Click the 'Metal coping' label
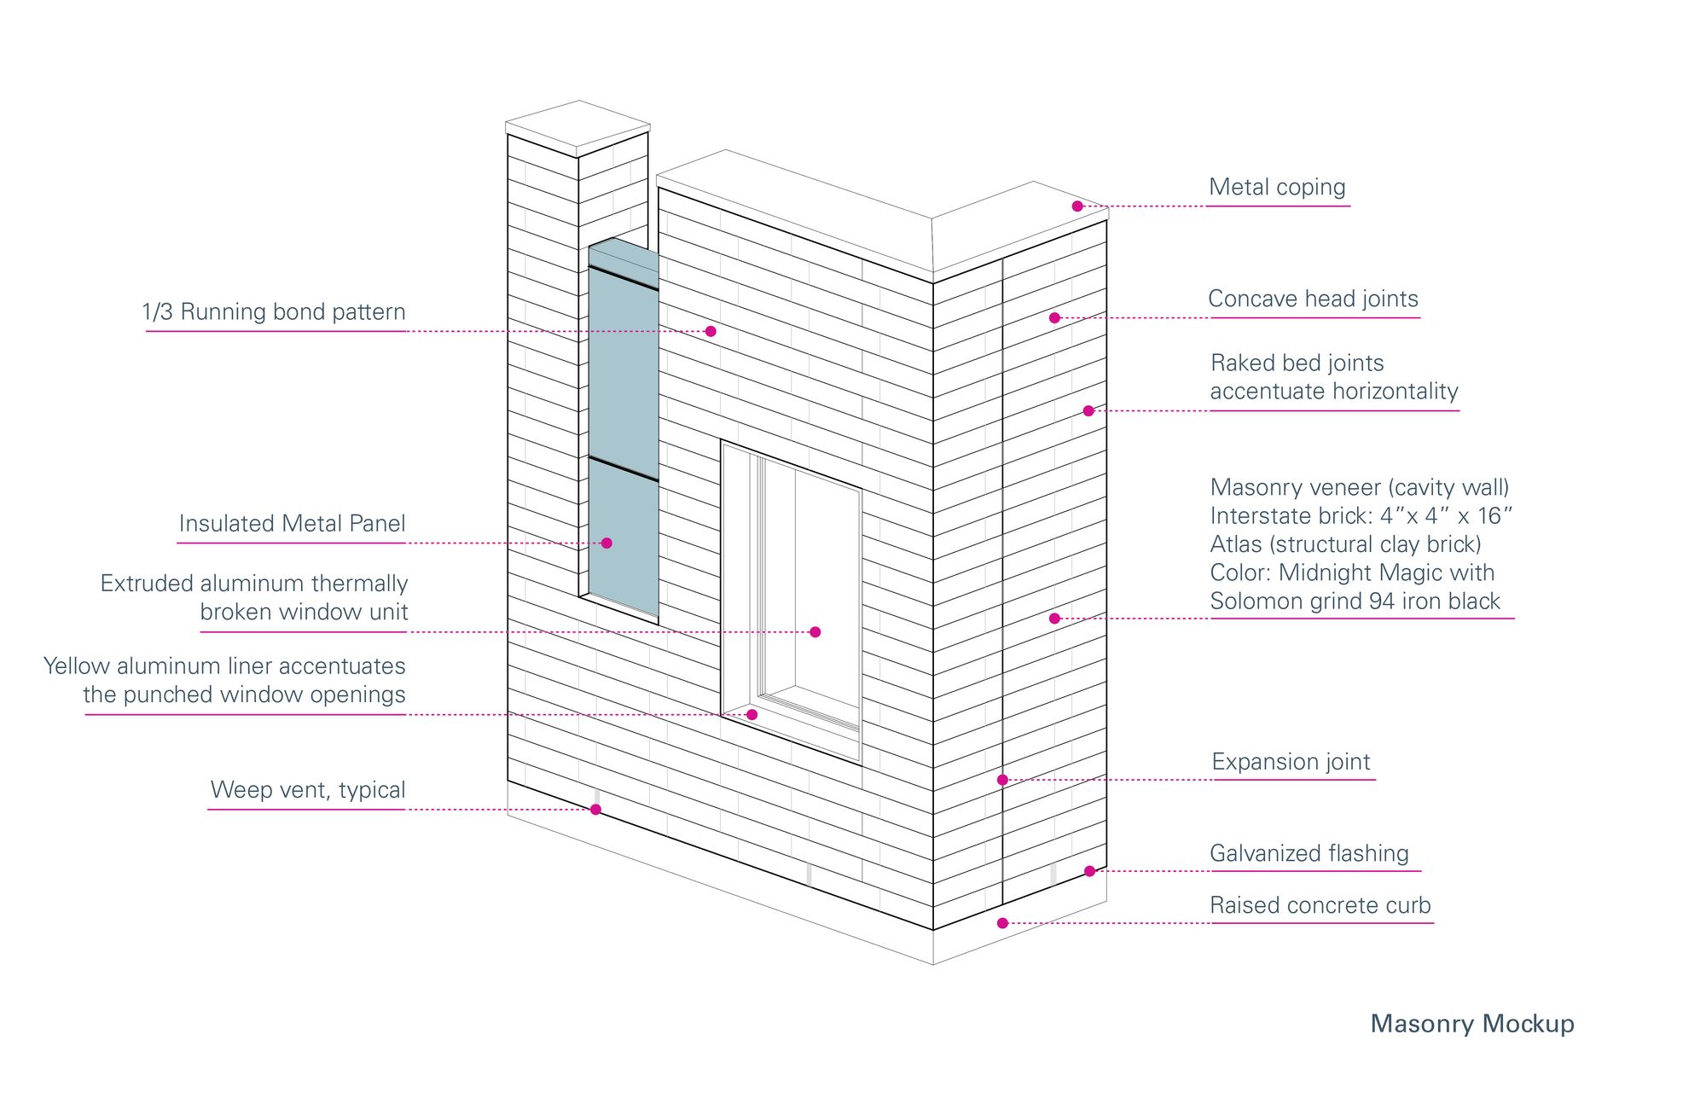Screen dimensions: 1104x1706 click(x=1277, y=188)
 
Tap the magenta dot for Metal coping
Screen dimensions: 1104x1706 click(x=1077, y=206)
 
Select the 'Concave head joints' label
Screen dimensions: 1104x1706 click(x=1313, y=299)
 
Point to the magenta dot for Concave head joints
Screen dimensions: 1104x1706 click(x=1054, y=318)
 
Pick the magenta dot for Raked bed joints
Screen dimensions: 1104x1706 click(x=1088, y=411)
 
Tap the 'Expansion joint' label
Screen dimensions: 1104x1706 click(x=1291, y=762)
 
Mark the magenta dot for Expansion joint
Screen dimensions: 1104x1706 click(x=1002, y=780)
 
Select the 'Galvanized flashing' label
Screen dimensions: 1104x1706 click(x=1309, y=853)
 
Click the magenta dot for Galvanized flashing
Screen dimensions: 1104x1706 click(x=1089, y=871)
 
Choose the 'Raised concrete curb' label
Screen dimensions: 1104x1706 click(x=1320, y=905)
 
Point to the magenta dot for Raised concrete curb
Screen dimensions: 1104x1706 click(x=1002, y=923)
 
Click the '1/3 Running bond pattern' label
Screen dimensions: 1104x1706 click(x=274, y=312)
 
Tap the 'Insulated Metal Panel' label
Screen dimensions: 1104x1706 click(x=292, y=524)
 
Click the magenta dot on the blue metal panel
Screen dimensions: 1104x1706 click(x=606, y=543)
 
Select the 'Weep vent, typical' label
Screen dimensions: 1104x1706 click(x=308, y=790)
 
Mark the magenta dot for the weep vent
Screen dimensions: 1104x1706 click(x=595, y=810)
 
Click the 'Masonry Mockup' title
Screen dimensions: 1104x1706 click(x=1471, y=1024)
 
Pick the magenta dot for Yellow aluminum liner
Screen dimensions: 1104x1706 click(x=751, y=715)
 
